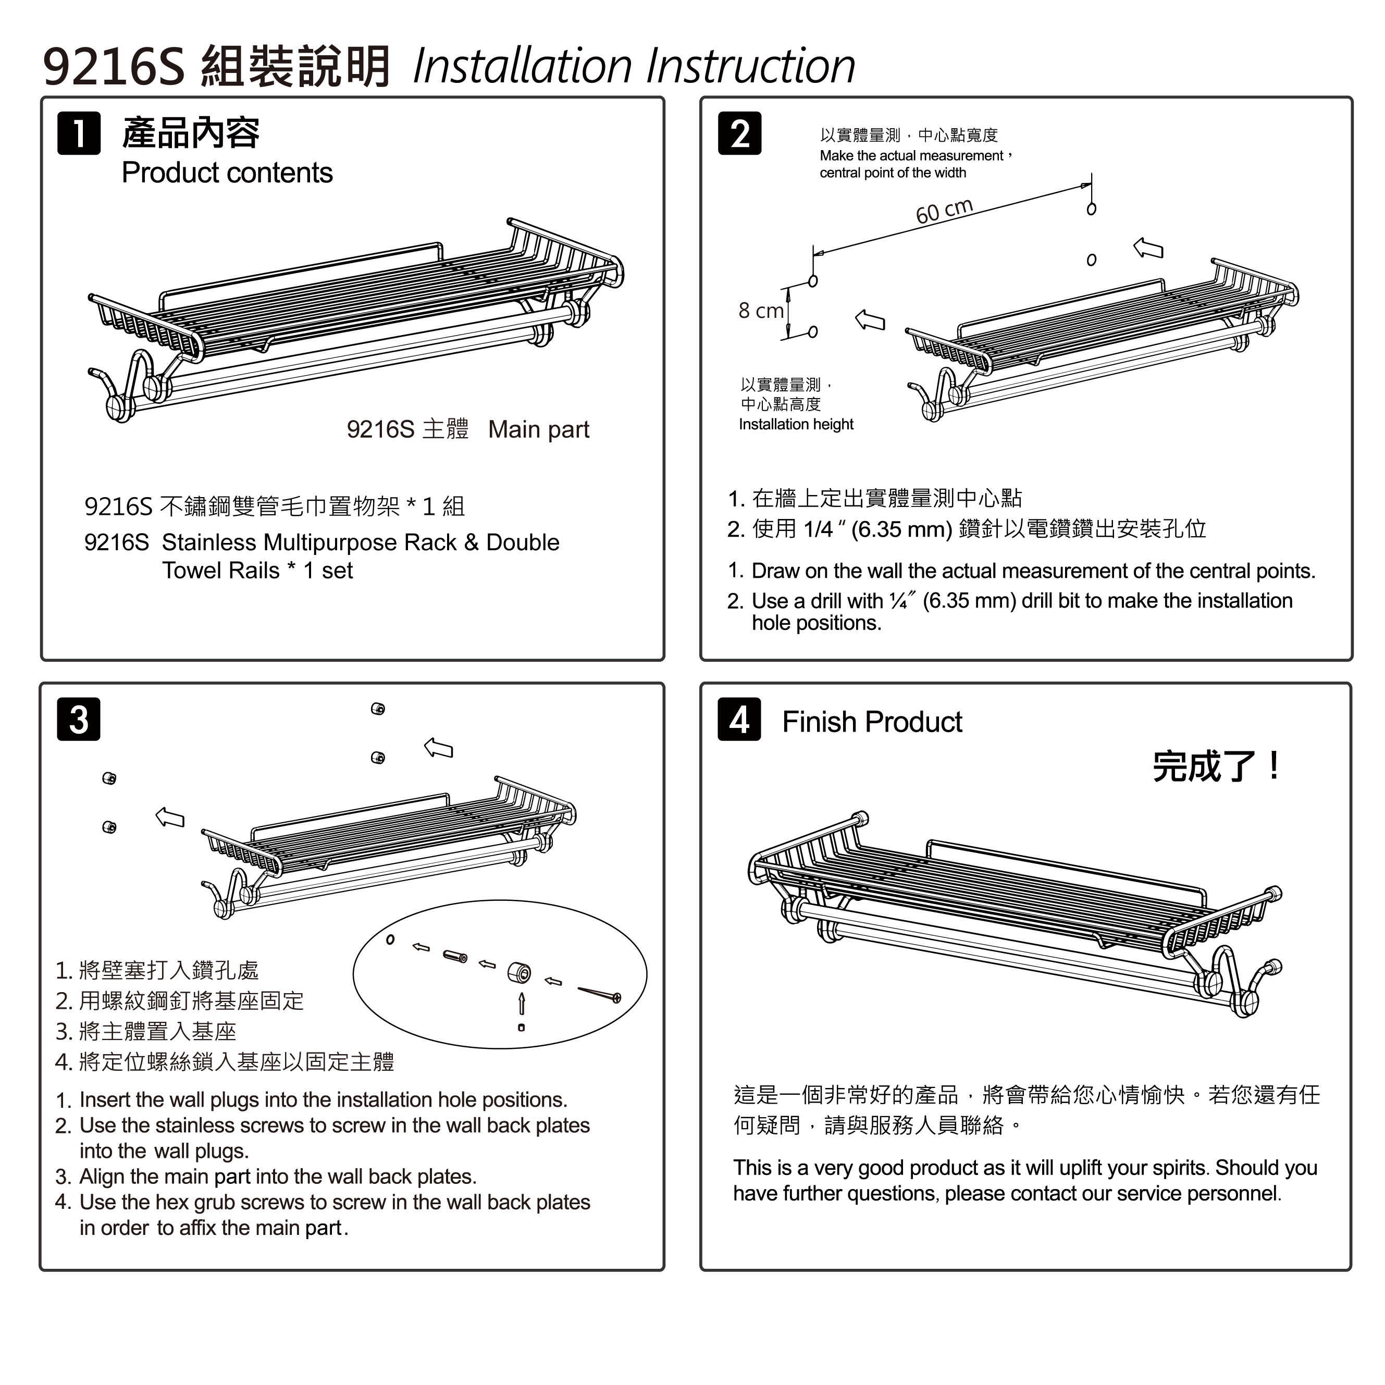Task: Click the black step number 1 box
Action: (79, 133)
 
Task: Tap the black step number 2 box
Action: (740, 133)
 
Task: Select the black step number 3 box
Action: (79, 719)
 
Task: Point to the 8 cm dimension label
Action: (761, 311)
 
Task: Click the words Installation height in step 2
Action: (796, 424)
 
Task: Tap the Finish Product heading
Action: (872, 722)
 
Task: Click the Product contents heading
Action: (227, 173)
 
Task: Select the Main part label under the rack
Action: (538, 429)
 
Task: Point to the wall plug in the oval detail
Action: (455, 956)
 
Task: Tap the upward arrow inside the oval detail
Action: (522, 1003)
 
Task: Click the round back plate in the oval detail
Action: (519, 973)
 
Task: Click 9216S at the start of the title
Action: (114, 67)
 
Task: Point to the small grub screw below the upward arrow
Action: (521, 1027)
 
